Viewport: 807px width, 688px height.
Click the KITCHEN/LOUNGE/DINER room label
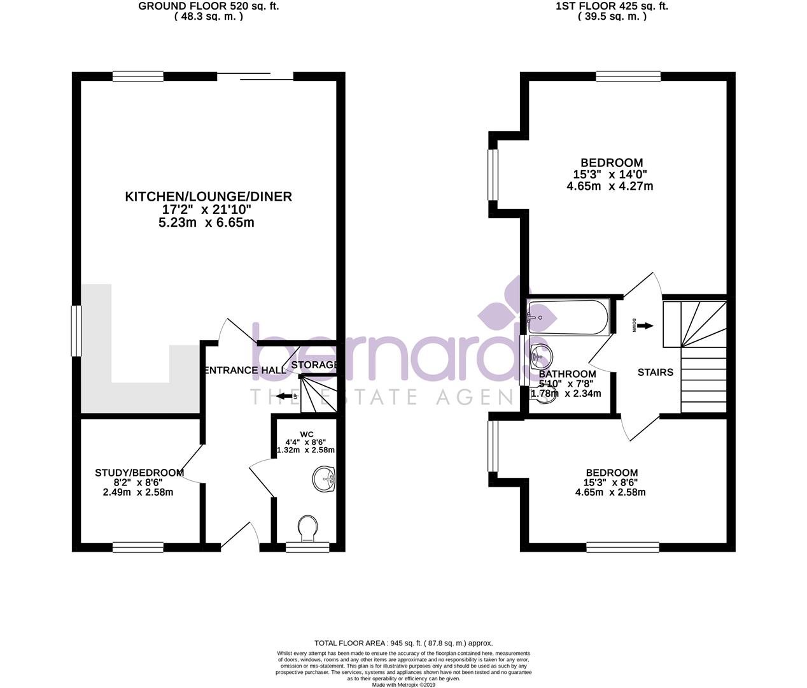tap(208, 197)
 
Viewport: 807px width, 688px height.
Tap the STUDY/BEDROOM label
tap(139, 473)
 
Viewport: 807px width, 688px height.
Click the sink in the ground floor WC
tap(325, 479)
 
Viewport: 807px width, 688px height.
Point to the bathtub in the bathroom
tap(568, 318)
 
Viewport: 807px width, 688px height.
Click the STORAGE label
tap(314, 365)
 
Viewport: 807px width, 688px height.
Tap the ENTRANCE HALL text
tap(244, 370)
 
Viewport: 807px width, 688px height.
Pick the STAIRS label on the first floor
tap(655, 372)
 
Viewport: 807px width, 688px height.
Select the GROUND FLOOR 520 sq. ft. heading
tap(209, 6)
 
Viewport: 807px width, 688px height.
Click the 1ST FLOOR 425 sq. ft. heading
tap(612, 6)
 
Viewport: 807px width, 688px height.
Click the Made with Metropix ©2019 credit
tap(403, 685)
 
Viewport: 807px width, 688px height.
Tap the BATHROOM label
tap(567, 374)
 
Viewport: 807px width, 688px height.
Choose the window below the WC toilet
tap(307, 546)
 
